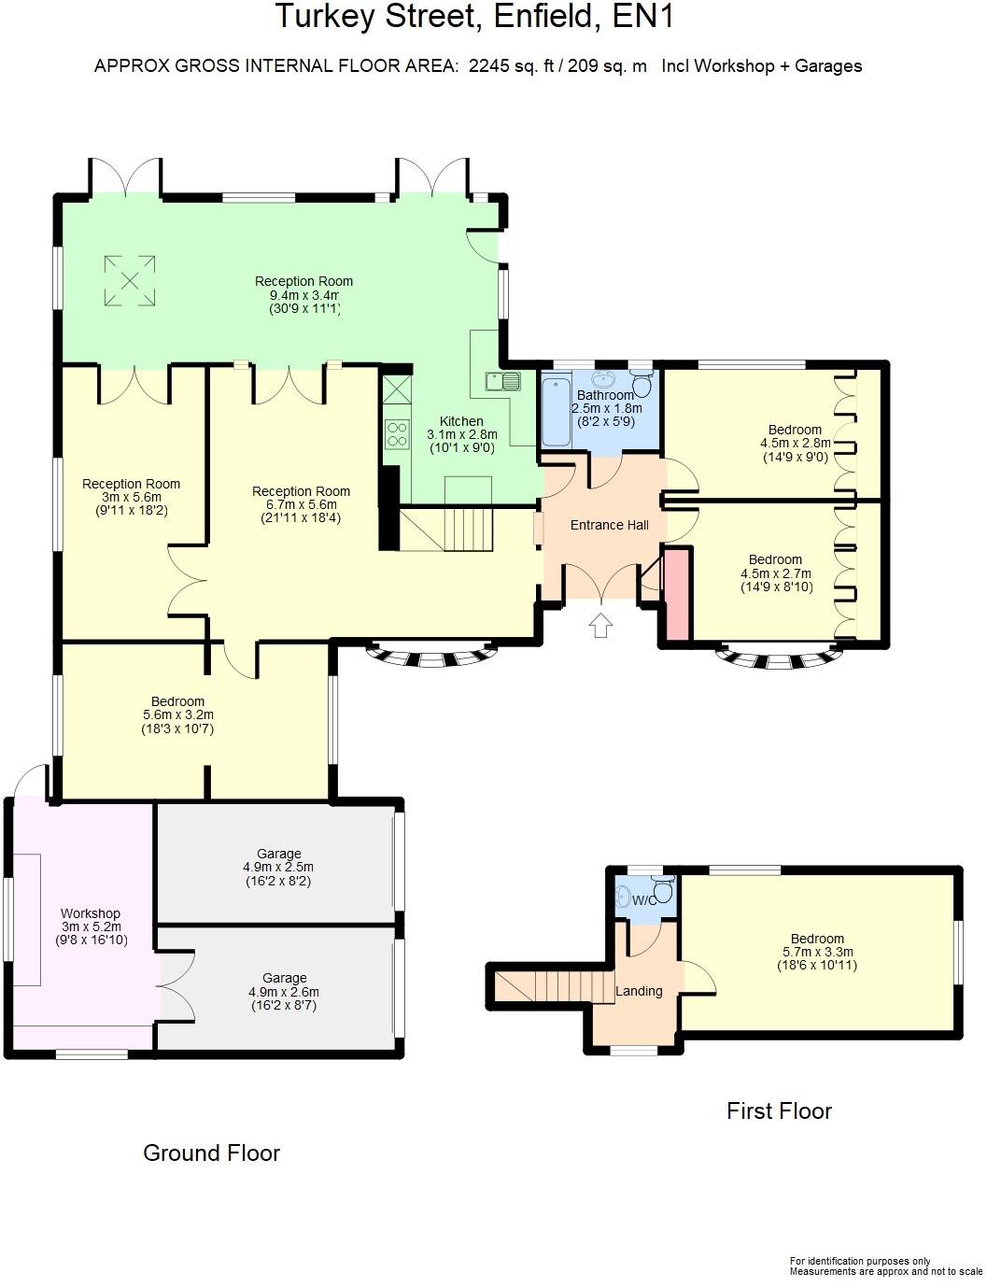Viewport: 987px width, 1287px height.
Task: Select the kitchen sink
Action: (x=502, y=381)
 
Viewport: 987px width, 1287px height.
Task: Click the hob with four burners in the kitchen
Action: (x=397, y=435)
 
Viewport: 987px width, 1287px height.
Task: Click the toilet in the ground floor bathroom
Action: (x=642, y=384)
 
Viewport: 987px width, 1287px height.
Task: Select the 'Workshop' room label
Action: (x=91, y=913)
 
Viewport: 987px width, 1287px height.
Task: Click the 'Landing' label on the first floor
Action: (x=639, y=991)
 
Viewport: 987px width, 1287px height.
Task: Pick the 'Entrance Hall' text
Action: (x=609, y=525)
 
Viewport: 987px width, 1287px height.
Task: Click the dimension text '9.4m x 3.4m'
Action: (x=303, y=295)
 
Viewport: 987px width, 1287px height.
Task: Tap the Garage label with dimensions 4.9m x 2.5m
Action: (x=279, y=853)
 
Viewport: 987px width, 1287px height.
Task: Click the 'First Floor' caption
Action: (x=779, y=1110)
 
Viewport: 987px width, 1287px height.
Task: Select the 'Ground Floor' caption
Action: (x=211, y=1153)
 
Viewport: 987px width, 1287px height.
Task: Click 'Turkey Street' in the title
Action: (x=374, y=17)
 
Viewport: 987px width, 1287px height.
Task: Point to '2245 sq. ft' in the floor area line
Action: (x=511, y=65)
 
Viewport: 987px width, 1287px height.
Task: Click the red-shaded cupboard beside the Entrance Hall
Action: (x=676, y=594)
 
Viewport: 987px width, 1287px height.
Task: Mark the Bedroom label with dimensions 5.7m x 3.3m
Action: (x=817, y=939)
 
